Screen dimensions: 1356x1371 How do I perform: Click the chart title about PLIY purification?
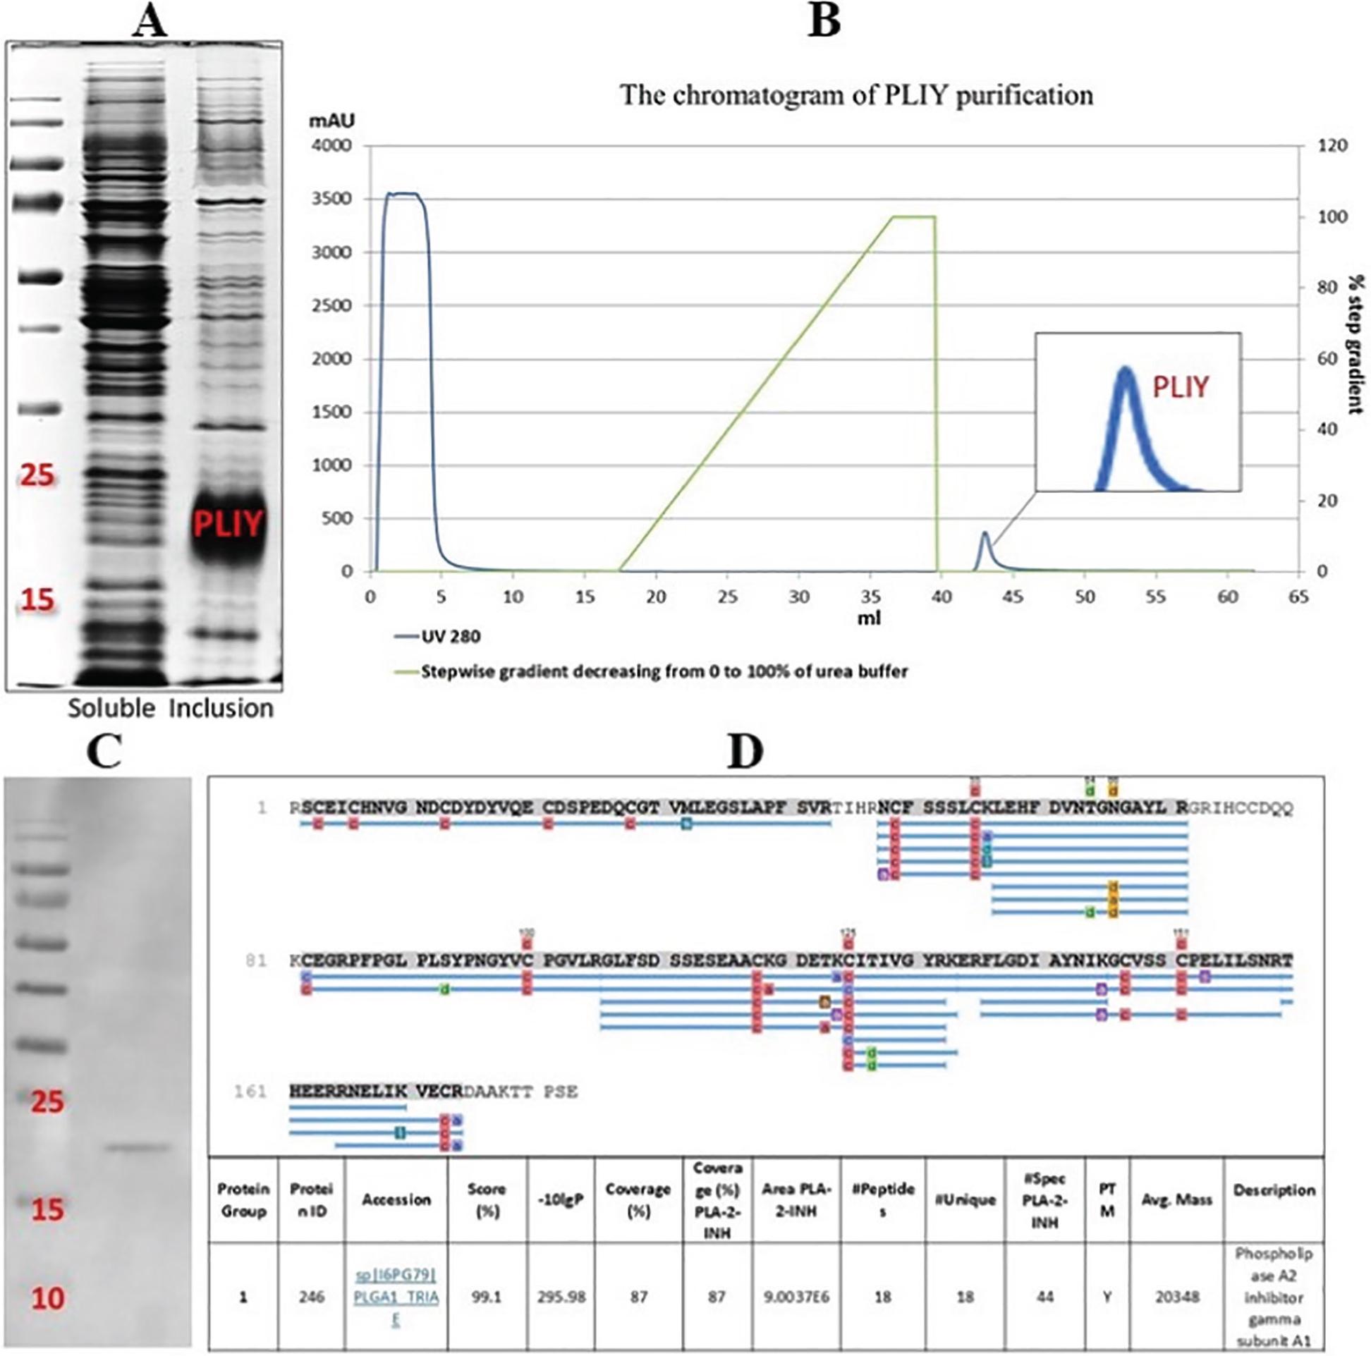click(856, 95)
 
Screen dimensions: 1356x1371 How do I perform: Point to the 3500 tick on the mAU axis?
click(332, 200)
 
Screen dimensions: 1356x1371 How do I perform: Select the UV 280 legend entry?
click(451, 637)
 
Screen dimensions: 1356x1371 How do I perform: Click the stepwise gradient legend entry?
click(664, 671)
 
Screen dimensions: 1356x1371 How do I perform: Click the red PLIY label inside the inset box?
click(1180, 386)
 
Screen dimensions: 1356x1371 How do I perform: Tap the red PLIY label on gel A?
click(228, 525)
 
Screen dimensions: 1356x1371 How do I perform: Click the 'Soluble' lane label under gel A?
click(111, 708)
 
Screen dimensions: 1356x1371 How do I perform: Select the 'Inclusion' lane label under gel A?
click(221, 708)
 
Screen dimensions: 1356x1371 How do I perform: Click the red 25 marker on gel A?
click(37, 475)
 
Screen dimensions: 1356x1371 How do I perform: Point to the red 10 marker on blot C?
click(47, 1299)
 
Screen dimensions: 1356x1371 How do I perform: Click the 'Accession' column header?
click(396, 1200)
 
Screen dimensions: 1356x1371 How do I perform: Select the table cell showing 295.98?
click(561, 1297)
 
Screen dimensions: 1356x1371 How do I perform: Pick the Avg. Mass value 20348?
click(1176, 1297)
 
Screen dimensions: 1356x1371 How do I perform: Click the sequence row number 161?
click(250, 1092)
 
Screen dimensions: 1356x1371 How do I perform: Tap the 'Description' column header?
click(1274, 1191)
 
